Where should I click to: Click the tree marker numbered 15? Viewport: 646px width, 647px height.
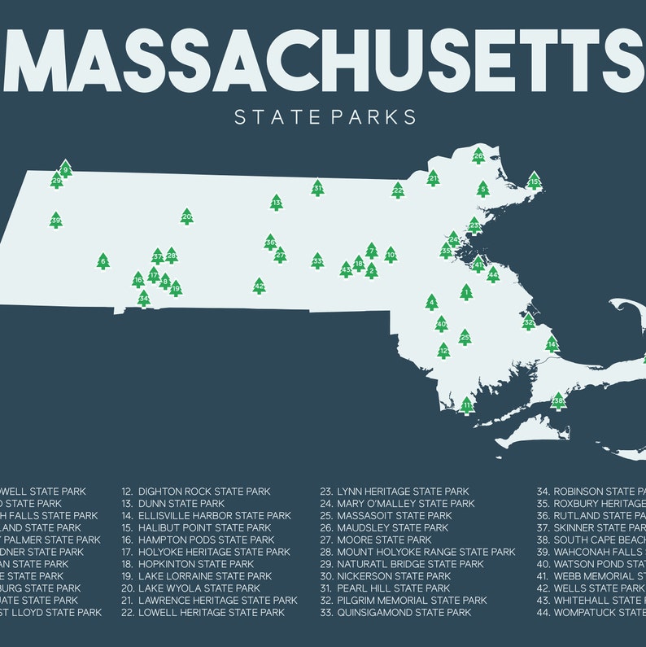(x=535, y=181)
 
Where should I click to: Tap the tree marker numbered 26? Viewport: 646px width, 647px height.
(x=478, y=156)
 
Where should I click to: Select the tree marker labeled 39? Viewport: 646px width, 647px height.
(x=55, y=220)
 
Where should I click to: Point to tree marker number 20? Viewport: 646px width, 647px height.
(x=187, y=216)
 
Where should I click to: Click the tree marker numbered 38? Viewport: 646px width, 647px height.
(x=558, y=400)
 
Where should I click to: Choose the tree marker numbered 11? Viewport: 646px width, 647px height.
(x=466, y=405)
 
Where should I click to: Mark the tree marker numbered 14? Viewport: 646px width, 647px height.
(x=552, y=344)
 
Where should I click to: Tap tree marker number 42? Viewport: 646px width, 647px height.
(x=259, y=286)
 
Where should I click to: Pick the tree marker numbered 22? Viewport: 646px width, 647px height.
(x=398, y=190)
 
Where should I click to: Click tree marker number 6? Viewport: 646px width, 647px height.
(x=103, y=261)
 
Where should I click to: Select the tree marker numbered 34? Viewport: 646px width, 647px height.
(x=144, y=299)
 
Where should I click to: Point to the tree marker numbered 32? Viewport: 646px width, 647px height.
(x=528, y=321)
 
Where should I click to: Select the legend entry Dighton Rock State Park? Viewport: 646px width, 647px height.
(x=204, y=492)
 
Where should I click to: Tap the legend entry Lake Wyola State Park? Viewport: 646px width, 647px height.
(x=199, y=588)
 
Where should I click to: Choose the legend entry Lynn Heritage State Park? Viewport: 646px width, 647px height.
(x=404, y=492)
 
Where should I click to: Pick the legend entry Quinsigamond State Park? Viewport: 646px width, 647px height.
(x=404, y=612)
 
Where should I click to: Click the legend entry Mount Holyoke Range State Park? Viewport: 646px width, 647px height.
(x=426, y=552)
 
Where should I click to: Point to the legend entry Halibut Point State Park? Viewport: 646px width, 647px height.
(x=204, y=527)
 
